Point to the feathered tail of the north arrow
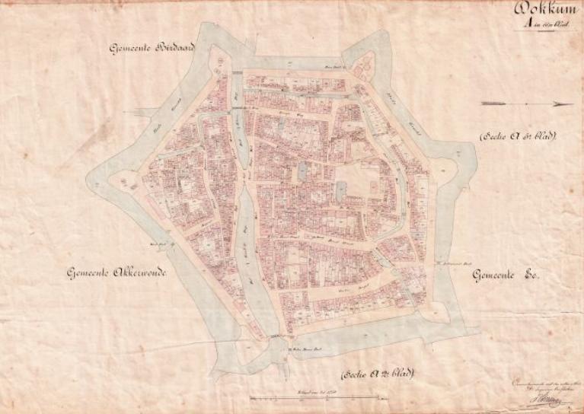487,103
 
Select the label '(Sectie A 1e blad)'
517,136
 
